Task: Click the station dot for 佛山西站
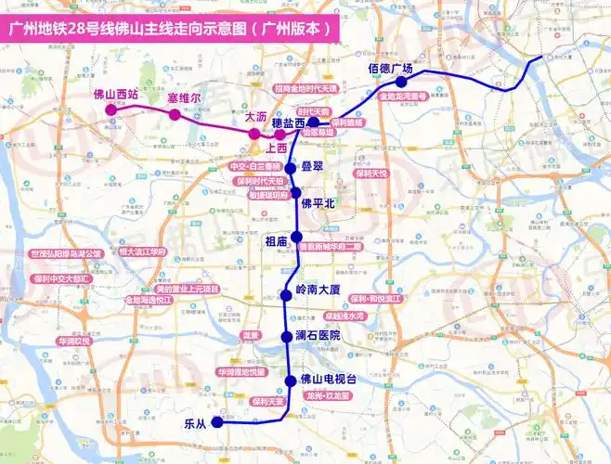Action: coord(111,110)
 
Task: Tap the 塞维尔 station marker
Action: coord(174,115)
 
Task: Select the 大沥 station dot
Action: coord(253,134)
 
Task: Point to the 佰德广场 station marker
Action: coord(401,83)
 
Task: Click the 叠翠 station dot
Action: coord(291,168)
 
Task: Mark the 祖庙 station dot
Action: coord(296,237)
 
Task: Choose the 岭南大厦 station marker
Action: coord(287,295)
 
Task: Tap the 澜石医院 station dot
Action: coord(287,336)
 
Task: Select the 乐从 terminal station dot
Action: coord(217,422)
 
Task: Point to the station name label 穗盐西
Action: coord(289,122)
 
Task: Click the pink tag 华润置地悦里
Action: coord(242,372)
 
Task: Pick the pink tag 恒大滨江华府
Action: coord(142,251)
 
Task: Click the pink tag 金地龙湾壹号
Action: coord(403,96)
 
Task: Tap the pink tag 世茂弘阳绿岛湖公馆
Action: coord(66,253)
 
